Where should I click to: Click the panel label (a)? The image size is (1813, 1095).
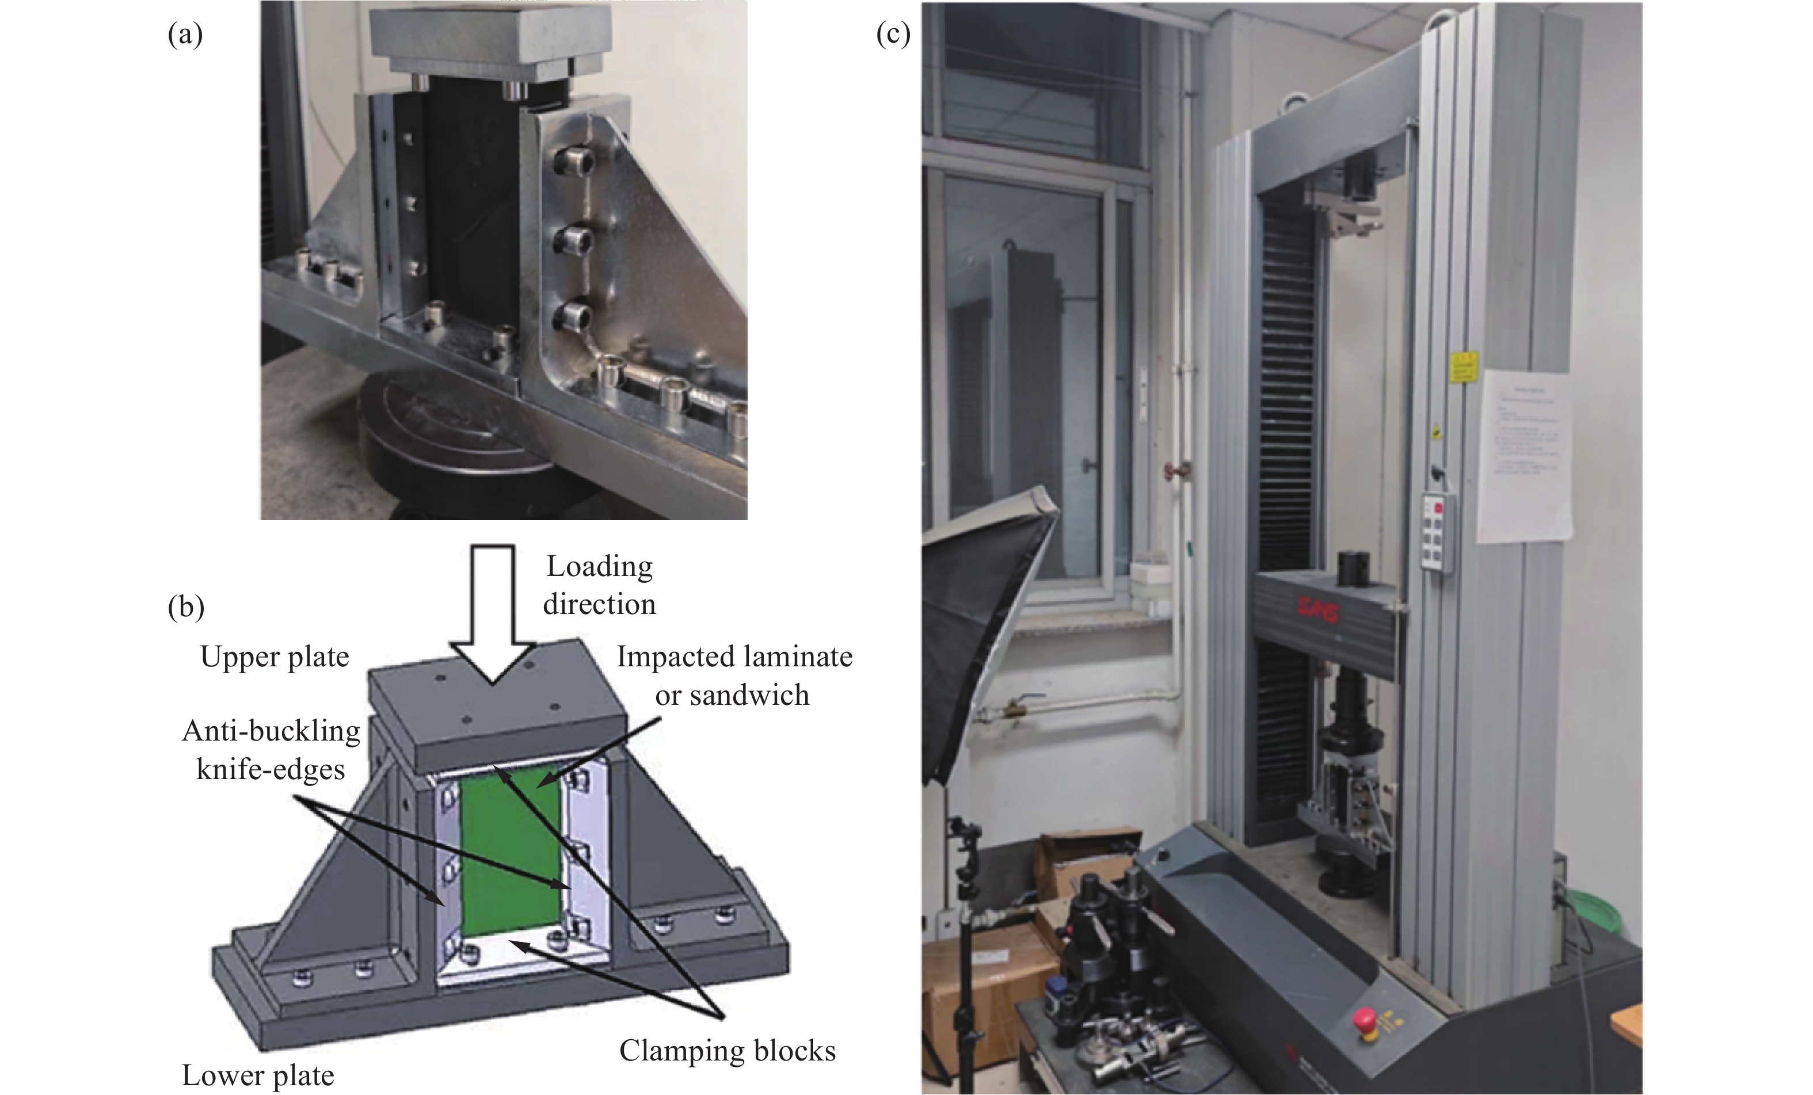(185, 35)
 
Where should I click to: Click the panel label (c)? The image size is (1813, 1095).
(893, 35)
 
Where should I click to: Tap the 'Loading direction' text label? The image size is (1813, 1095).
(599, 585)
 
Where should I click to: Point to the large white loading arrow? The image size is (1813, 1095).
(492, 611)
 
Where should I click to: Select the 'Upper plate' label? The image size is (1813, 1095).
(275, 657)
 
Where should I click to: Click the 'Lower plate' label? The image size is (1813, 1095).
(257, 1075)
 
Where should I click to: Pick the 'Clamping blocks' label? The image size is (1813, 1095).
(727, 1050)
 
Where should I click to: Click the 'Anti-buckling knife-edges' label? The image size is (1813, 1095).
(271, 750)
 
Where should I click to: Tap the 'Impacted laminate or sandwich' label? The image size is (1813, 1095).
(734, 675)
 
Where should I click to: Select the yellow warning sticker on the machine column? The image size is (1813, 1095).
(1464, 368)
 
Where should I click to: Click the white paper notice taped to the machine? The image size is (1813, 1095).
(1525, 456)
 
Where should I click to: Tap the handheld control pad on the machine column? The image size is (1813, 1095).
(1438, 532)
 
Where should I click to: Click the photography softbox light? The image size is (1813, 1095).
(986, 640)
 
